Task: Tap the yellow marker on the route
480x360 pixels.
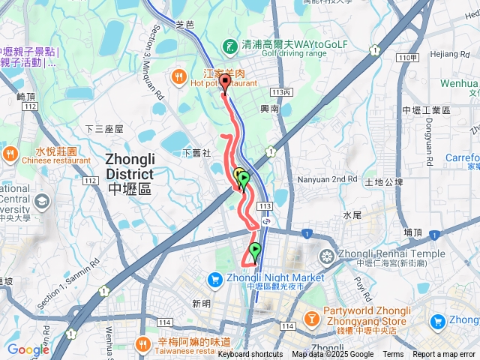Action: click(x=238, y=176)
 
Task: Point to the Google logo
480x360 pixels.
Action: click(x=28, y=349)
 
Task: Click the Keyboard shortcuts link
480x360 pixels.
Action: click(x=250, y=355)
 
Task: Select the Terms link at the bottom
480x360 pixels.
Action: click(x=393, y=355)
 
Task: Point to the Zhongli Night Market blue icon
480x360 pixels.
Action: click(x=213, y=278)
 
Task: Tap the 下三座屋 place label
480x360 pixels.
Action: click(x=103, y=129)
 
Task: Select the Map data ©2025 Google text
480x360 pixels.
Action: click(x=332, y=355)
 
